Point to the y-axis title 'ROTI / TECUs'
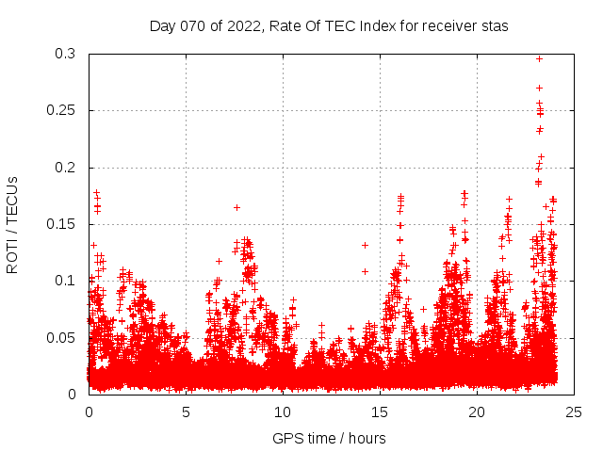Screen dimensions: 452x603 [x=12, y=224]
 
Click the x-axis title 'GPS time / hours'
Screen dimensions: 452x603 [x=329, y=438]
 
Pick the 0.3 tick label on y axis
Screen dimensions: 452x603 [x=65, y=55]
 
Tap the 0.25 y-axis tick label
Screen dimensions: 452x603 [x=60, y=111]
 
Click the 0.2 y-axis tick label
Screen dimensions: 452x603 [x=65, y=168]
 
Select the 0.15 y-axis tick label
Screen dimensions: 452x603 [x=60, y=224]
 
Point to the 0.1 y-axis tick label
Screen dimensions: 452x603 [x=65, y=281]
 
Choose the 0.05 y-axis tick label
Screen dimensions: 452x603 [x=60, y=337]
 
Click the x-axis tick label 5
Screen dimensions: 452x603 [x=186, y=412]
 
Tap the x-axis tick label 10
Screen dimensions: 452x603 [x=283, y=412]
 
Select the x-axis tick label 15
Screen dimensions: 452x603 [x=380, y=412]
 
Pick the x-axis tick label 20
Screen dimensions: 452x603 [x=478, y=412]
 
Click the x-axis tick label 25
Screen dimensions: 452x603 [x=575, y=412]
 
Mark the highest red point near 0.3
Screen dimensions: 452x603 [x=539, y=58]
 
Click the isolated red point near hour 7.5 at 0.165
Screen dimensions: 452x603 [x=236, y=207]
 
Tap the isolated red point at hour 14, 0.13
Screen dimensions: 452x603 [x=365, y=245]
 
